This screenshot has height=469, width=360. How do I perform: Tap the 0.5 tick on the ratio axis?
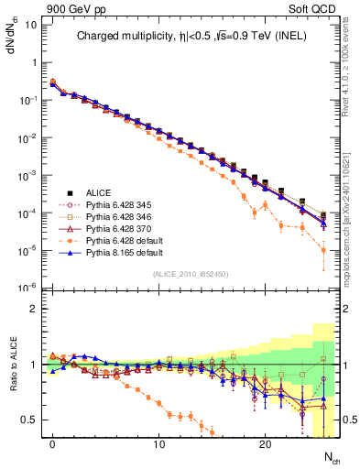tap(28, 420)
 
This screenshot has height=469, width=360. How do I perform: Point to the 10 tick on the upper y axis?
tap(28, 25)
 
